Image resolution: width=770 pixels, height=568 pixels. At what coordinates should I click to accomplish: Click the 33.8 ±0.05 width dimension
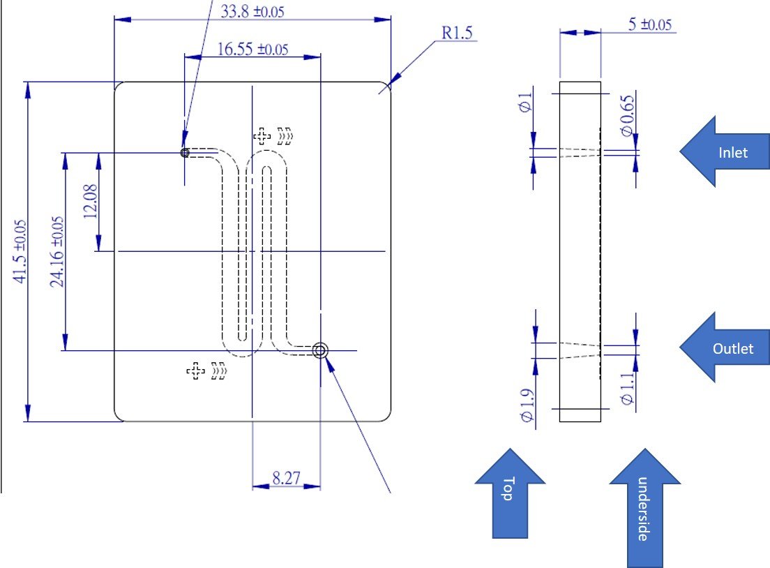click(x=252, y=11)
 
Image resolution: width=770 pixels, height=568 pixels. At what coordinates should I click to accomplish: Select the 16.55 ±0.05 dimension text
click(x=252, y=50)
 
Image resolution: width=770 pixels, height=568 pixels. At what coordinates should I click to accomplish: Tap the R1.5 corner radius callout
click(x=456, y=33)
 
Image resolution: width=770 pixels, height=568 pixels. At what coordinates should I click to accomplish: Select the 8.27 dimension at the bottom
click(x=286, y=478)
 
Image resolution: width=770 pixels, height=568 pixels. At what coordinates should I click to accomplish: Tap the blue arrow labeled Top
click(x=509, y=492)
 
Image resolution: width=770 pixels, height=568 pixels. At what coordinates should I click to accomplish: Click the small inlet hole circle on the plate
click(x=185, y=152)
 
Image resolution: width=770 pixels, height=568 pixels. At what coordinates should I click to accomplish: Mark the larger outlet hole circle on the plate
click(x=320, y=350)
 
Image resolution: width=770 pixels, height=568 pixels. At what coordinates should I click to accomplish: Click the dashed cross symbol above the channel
click(x=262, y=135)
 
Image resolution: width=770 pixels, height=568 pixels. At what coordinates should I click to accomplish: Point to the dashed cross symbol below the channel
click(x=196, y=371)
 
